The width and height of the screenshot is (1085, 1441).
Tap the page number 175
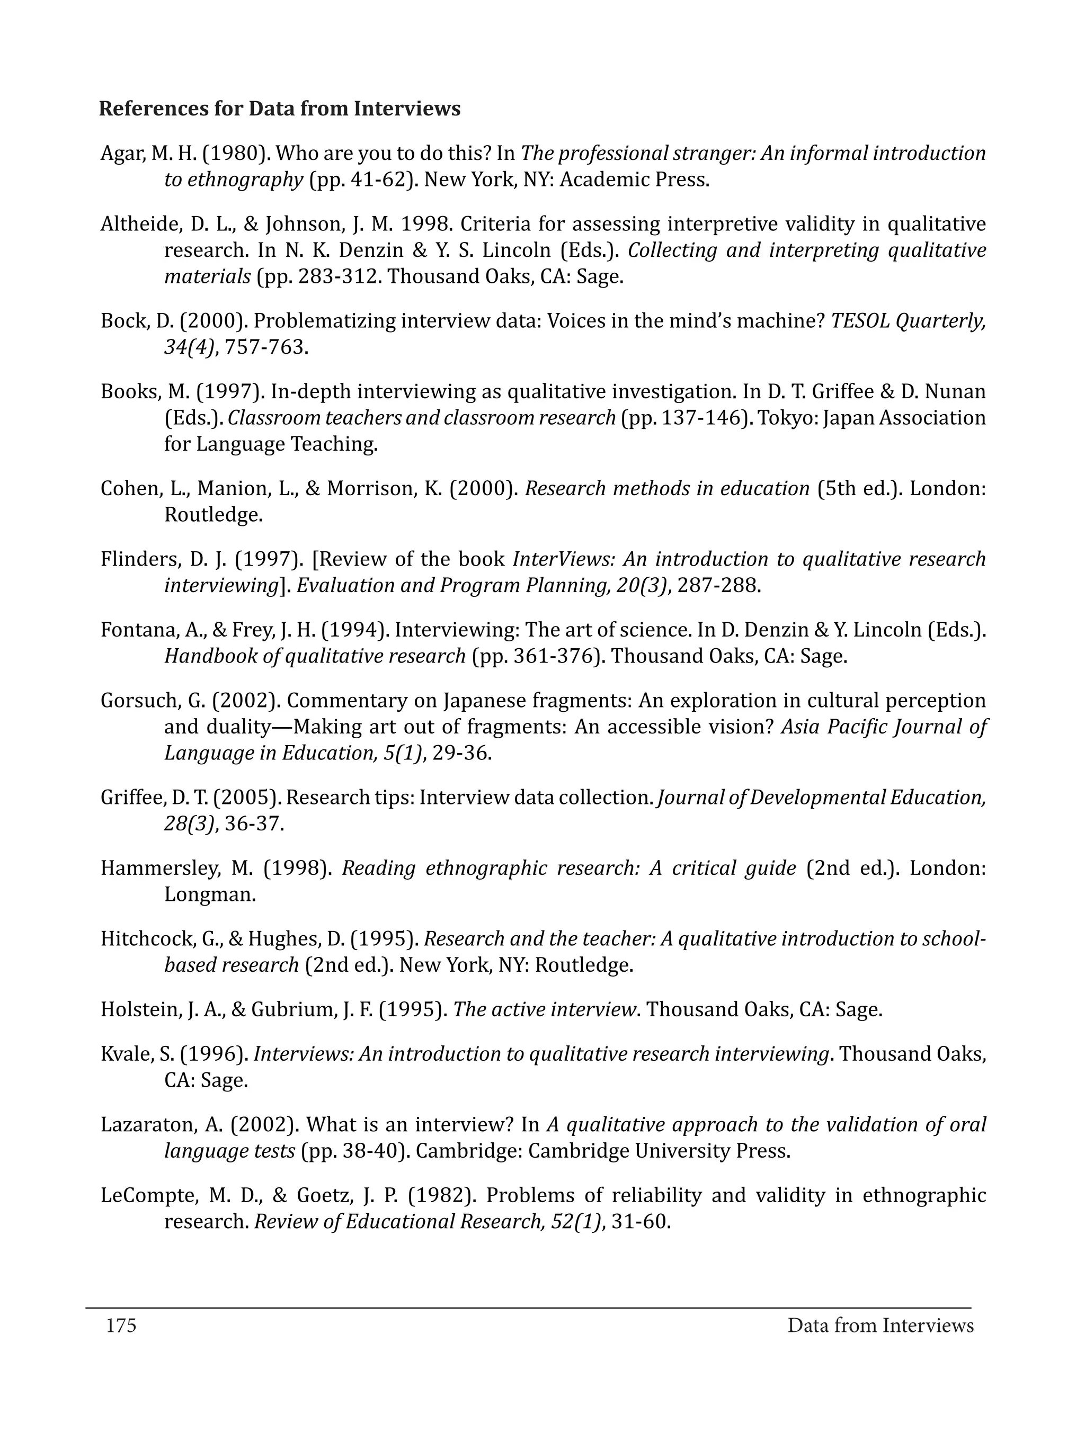click(121, 1325)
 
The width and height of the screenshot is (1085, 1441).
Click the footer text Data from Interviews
click(880, 1325)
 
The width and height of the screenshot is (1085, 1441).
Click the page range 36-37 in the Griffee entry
click(253, 824)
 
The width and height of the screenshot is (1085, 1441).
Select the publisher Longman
click(209, 894)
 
